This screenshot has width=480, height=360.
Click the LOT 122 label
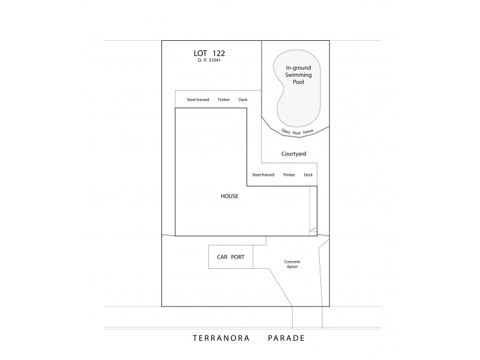point(209,53)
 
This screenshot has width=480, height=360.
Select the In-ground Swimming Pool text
point(298,75)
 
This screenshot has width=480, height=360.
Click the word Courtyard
point(294,154)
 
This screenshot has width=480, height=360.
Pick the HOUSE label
point(230,196)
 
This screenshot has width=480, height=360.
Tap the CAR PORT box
point(230,256)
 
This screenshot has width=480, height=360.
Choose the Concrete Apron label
point(292,264)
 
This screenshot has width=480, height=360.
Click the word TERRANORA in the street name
point(218,338)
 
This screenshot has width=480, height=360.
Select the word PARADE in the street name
point(286,338)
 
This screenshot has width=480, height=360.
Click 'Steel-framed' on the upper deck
point(198,100)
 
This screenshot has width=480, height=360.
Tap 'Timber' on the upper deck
point(224,100)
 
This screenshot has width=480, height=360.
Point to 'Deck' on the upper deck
point(243,100)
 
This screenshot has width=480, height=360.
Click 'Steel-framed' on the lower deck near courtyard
point(263,175)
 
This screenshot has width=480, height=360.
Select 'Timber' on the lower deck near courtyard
point(289,175)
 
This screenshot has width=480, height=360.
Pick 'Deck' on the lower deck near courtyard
point(308,175)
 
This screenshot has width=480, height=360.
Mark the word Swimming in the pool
point(298,76)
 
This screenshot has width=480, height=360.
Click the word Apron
point(292,266)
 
